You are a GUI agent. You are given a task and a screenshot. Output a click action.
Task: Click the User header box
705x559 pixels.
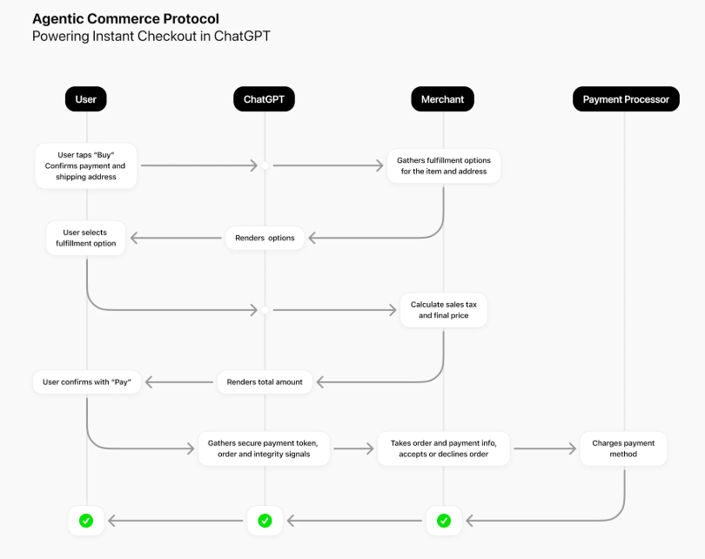86,99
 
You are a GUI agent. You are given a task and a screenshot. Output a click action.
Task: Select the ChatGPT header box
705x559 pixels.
265,99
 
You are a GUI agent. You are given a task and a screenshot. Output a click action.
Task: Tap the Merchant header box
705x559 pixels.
443,99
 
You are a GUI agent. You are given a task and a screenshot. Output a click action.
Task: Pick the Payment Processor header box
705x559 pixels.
625,99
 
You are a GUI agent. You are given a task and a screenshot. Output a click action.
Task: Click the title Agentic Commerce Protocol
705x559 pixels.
125,18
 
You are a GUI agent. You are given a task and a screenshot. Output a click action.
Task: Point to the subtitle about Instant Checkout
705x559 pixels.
151,36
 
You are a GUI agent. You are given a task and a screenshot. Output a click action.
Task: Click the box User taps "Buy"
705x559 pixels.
85,165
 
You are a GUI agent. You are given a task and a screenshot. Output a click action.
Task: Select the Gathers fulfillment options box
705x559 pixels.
444,165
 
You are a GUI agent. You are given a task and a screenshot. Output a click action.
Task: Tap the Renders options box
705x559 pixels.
265,238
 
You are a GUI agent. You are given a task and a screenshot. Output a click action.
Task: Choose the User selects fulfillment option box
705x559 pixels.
85,238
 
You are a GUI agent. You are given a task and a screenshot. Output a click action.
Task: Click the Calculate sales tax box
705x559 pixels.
444,311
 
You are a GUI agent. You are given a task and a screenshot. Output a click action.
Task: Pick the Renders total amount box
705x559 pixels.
265,381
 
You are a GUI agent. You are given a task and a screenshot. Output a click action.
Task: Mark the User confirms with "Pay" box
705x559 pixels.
86,381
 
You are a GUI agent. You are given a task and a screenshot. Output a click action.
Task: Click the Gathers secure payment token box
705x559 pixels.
265,448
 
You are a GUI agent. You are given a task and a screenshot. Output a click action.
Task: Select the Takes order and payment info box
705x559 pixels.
444,448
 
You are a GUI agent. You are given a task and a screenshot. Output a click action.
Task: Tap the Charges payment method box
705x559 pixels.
623,448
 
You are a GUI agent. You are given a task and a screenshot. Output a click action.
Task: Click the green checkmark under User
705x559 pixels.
86,521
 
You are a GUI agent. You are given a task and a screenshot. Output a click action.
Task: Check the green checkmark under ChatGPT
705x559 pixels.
265,521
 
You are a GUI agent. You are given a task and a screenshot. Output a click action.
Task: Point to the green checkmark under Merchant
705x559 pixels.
444,521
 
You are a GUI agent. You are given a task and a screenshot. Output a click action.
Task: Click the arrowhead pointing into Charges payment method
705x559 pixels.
573,449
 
